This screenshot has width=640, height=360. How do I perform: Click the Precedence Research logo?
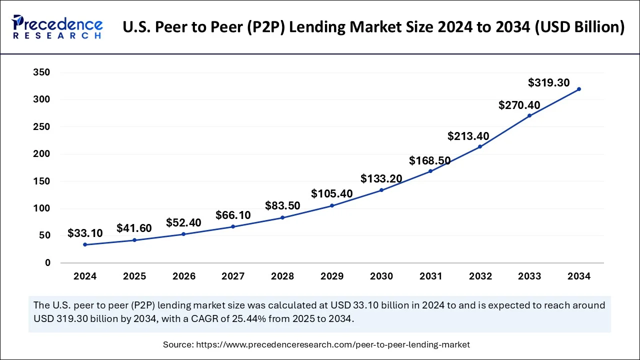(x=57, y=27)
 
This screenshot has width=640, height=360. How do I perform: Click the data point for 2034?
(x=579, y=89)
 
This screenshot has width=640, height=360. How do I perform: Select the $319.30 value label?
(x=548, y=83)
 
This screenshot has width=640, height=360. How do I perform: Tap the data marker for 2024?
(x=85, y=244)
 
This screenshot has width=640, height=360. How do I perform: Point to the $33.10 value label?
(x=85, y=233)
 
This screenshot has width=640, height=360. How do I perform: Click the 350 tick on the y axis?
(x=41, y=72)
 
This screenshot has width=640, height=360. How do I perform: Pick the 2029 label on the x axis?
(x=332, y=276)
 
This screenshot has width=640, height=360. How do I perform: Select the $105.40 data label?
(x=331, y=194)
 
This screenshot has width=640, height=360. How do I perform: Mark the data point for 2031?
(x=430, y=171)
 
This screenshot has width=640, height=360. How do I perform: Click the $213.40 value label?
(x=468, y=136)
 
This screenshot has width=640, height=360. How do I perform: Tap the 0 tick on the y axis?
(x=47, y=263)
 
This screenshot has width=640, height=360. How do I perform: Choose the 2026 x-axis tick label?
(x=183, y=276)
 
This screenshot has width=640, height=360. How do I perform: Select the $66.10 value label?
(x=233, y=215)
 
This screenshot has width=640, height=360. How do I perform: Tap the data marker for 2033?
(x=529, y=115)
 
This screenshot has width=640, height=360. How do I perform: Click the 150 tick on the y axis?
(x=41, y=181)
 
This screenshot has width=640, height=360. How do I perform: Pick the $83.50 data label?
(x=282, y=206)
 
